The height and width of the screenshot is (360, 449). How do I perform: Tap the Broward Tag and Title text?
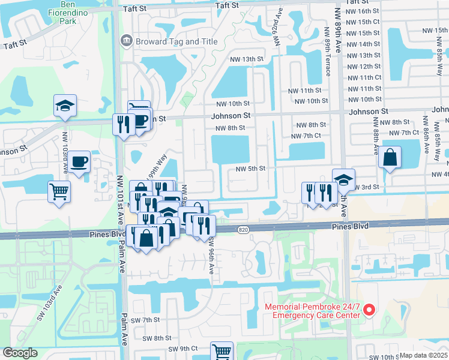click(169, 41)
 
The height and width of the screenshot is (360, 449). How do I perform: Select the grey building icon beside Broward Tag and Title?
click(127, 41)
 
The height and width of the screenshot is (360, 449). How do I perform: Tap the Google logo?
click(20, 353)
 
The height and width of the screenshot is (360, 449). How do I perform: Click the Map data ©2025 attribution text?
click(423, 355)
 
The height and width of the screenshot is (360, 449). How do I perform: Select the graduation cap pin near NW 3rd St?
click(343, 179)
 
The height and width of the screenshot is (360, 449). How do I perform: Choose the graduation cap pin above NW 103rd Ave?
click(65, 106)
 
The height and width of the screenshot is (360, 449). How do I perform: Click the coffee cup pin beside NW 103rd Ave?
click(79, 161)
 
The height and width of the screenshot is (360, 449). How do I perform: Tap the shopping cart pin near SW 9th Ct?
click(221, 351)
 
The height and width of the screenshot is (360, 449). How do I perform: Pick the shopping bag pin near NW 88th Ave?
click(390, 158)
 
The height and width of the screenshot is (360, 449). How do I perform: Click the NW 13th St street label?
click(247, 59)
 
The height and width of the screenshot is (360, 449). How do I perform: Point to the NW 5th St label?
click(250, 169)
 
